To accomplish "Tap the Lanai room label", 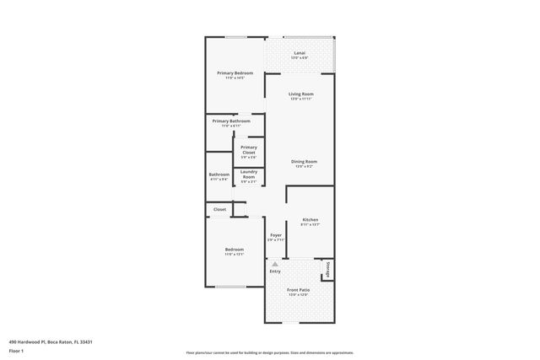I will pos(300,53).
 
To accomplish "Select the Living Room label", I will pos(301,94).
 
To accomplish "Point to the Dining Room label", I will pos(304,161).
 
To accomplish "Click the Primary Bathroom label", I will pos(231,121).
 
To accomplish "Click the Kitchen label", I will pos(310,219).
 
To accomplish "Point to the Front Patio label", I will pos(299,290).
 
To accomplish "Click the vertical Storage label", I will pos(328,269).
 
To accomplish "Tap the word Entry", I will pos(275,271).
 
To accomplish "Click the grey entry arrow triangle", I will pos(275,264).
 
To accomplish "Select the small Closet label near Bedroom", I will pos(219,209).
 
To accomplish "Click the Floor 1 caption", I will pos(16,351).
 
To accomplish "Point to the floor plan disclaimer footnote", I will pos(270,352).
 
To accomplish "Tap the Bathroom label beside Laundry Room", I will pos(219,175).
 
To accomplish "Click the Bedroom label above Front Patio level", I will pos(234,250).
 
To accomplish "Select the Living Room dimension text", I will pos(301,99).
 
